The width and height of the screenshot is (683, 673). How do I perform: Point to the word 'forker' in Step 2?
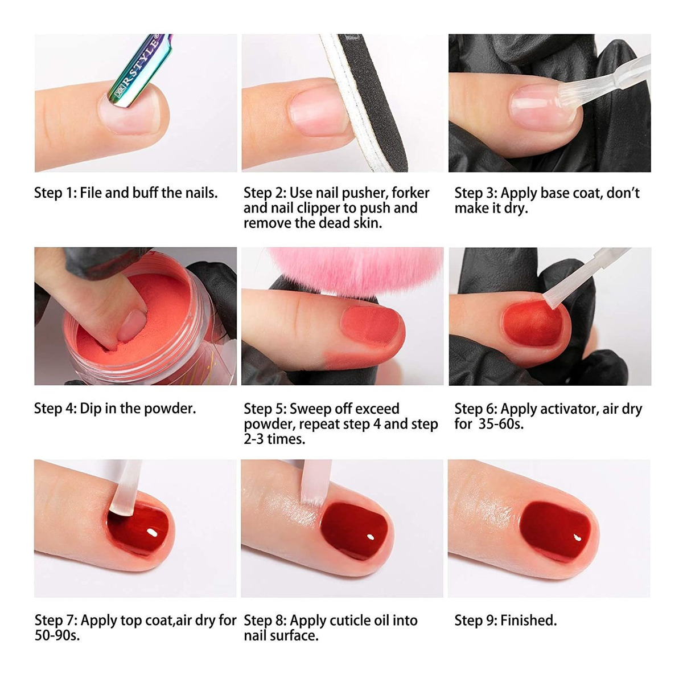click(410, 193)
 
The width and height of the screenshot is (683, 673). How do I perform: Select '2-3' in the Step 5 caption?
click(254, 439)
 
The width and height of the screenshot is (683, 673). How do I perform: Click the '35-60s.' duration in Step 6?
click(501, 424)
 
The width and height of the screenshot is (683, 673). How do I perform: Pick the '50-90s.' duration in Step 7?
click(57, 635)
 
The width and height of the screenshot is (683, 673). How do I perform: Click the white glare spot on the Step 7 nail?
click(153, 533)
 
